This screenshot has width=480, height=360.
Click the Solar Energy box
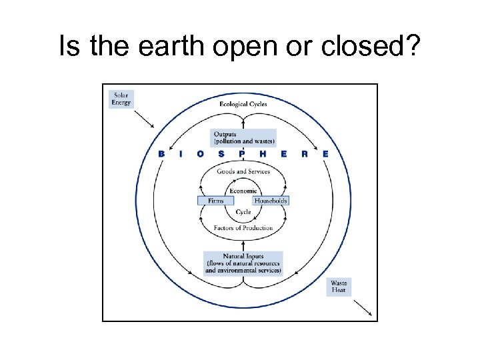tap(121, 99)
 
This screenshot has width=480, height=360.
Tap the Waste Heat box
tap(339, 287)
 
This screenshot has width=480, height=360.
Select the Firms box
tap(215, 201)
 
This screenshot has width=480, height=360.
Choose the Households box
tap(271, 201)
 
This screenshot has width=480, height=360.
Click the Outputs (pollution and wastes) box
tap(243, 138)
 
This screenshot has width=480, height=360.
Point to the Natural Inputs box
tap(243, 263)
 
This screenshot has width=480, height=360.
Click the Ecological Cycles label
tap(243, 105)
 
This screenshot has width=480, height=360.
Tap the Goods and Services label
tap(243, 171)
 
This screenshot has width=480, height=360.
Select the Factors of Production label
tap(243, 228)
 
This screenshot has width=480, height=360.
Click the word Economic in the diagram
tap(243, 191)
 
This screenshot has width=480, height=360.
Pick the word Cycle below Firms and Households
tap(243, 212)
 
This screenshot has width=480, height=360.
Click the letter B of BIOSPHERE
tap(161, 154)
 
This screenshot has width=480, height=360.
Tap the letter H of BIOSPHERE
tap(263, 154)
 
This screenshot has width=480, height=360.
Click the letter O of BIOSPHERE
tap(201, 154)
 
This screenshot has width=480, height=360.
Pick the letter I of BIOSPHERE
tap(181, 154)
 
